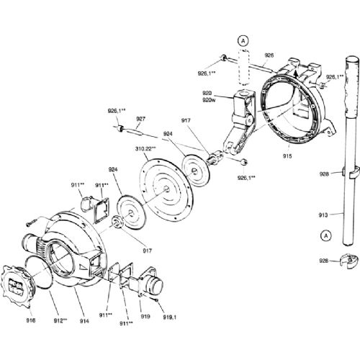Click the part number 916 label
31,320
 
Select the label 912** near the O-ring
60,320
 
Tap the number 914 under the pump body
84,321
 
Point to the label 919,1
170,317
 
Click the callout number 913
323,215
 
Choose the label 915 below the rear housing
287,156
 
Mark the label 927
141,119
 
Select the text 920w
209,100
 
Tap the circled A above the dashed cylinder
243,41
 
